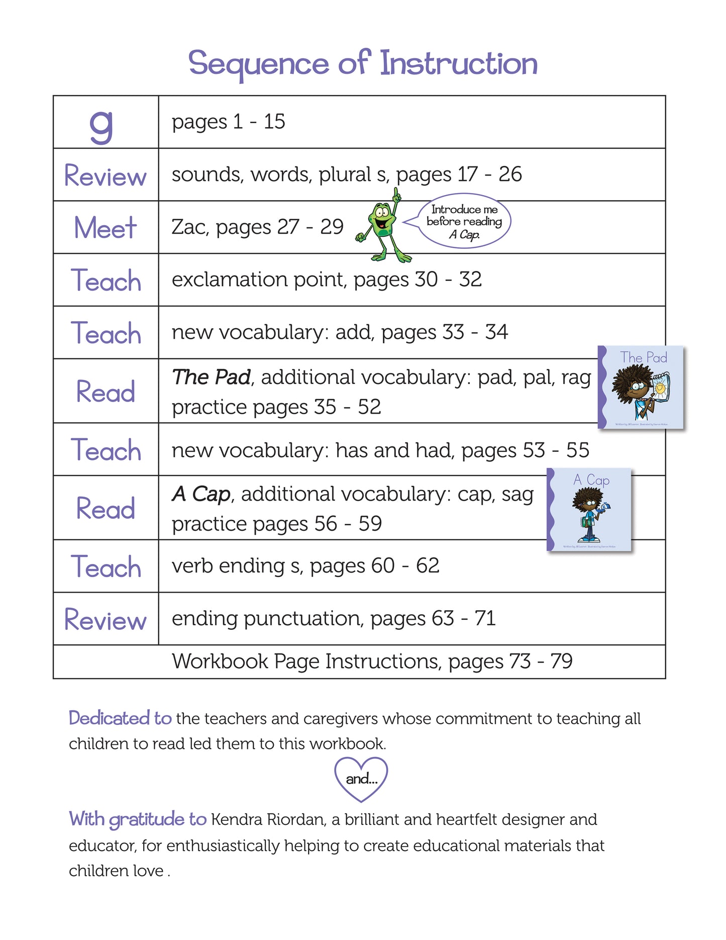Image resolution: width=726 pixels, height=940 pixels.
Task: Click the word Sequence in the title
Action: (x=258, y=64)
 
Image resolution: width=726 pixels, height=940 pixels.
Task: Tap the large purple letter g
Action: (x=101, y=126)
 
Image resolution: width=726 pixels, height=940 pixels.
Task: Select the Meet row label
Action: (x=106, y=228)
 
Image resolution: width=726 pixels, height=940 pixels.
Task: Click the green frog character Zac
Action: (x=383, y=226)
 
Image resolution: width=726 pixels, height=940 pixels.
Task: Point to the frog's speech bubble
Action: (x=464, y=221)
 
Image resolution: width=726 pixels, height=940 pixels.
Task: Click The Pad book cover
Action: (x=642, y=388)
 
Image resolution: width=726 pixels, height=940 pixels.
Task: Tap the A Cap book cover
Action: (x=589, y=510)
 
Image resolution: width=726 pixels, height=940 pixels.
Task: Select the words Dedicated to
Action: (x=120, y=718)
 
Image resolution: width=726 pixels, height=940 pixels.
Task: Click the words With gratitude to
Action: (x=137, y=819)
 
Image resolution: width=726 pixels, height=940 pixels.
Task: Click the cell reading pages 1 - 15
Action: (x=229, y=122)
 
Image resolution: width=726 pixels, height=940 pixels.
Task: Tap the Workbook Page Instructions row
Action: (x=372, y=662)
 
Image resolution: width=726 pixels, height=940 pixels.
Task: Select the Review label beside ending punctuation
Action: (x=106, y=619)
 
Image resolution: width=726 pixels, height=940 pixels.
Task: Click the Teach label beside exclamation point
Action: (x=106, y=280)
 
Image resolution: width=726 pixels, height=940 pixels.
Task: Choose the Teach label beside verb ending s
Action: (x=106, y=567)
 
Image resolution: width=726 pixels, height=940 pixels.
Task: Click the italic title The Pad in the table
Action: (x=211, y=377)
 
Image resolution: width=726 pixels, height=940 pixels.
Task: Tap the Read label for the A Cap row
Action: (x=106, y=508)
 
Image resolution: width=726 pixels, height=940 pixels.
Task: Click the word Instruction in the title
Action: (x=458, y=64)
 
